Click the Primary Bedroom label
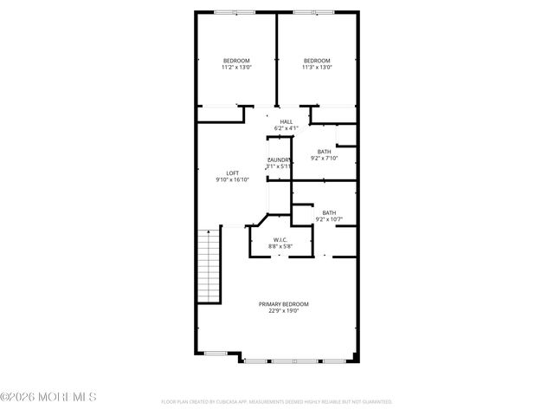(x=283, y=304)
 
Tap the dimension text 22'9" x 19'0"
(x=283, y=311)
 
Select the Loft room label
(x=232, y=173)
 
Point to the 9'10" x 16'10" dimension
(x=232, y=180)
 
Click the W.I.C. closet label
(x=280, y=240)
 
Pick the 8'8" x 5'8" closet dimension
(x=280, y=247)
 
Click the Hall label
(x=286, y=121)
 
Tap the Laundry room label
(x=279, y=160)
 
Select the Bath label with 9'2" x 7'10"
(x=324, y=152)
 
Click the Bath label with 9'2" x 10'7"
(x=329, y=212)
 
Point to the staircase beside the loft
(x=208, y=264)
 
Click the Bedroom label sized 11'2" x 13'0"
(x=235, y=60)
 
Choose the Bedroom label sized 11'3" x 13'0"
(x=317, y=60)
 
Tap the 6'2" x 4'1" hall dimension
(x=286, y=128)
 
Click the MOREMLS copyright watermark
(x=48, y=397)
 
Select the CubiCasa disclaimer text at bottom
(x=277, y=402)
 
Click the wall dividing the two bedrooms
(x=276, y=61)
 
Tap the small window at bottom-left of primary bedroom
(x=216, y=353)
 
